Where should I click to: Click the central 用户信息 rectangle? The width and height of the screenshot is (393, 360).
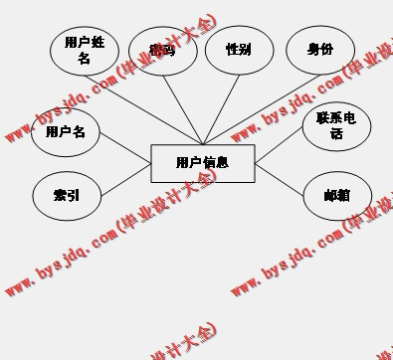203,163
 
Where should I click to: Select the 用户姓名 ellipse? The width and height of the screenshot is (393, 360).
85,51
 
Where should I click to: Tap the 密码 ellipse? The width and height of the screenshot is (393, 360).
162,51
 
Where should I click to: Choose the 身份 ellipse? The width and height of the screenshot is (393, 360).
320,51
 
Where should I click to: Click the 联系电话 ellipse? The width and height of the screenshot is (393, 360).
336,125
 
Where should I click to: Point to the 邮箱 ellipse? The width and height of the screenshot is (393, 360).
336,195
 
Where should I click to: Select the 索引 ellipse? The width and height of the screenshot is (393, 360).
67,196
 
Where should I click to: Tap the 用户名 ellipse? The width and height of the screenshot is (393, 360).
67,133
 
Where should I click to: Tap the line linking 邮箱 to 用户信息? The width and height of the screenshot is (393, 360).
281,179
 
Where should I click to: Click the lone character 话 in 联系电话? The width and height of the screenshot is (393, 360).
336,132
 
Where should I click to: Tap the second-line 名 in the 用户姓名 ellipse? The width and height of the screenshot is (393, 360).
85,58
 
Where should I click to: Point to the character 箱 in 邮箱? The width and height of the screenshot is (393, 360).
343,195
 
